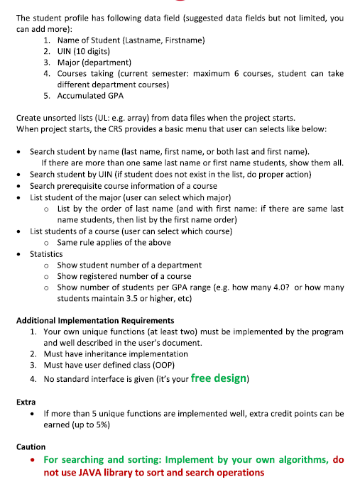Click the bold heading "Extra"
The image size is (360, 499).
[26, 402]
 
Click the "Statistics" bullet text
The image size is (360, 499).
[46, 253]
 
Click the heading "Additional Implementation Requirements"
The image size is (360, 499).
[95, 320]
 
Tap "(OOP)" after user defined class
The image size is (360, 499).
[161, 366]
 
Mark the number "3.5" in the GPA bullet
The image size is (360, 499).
[132, 299]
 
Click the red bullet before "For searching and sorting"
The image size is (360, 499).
[33, 459]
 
